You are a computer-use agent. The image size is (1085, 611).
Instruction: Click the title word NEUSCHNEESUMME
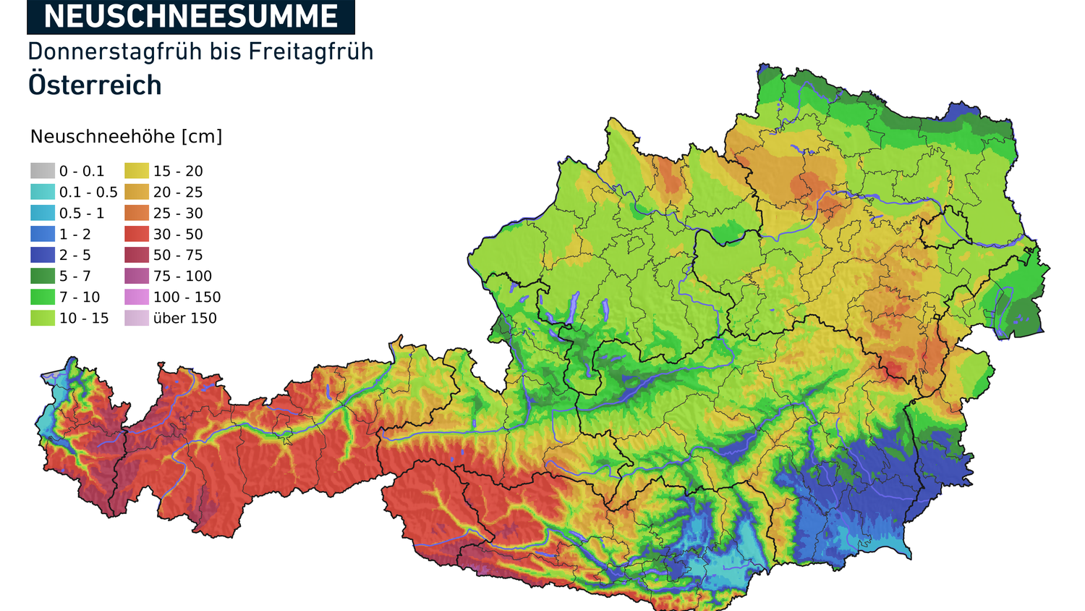pos(191,17)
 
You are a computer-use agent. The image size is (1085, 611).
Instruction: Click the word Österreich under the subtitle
pos(95,85)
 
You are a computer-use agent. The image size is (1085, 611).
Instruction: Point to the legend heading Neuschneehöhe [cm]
pos(126,137)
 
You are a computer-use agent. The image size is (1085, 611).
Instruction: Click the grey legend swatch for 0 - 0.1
pos(43,171)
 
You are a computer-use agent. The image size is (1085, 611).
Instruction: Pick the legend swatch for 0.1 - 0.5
pos(43,192)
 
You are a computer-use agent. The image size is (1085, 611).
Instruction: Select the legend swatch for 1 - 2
pos(43,234)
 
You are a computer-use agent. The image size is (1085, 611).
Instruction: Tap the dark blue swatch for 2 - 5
pos(43,255)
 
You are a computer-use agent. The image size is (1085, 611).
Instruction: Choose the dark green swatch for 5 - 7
pos(43,276)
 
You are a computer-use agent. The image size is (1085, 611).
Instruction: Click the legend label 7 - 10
pos(80,297)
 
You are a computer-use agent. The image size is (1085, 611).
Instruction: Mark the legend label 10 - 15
pos(84,318)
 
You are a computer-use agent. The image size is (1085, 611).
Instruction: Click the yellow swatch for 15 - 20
pos(137,171)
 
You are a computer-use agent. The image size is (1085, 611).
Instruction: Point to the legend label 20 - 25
pos(178,192)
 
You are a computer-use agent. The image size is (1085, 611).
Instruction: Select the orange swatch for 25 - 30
pos(137,213)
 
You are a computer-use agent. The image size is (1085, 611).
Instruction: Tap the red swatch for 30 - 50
pos(137,234)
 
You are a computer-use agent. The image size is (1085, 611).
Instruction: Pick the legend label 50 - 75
pos(178,255)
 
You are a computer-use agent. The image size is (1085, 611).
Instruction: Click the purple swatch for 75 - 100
pos(137,276)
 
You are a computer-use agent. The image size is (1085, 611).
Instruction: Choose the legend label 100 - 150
pos(187,297)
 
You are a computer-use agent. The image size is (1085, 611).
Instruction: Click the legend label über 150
pos(184,318)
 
